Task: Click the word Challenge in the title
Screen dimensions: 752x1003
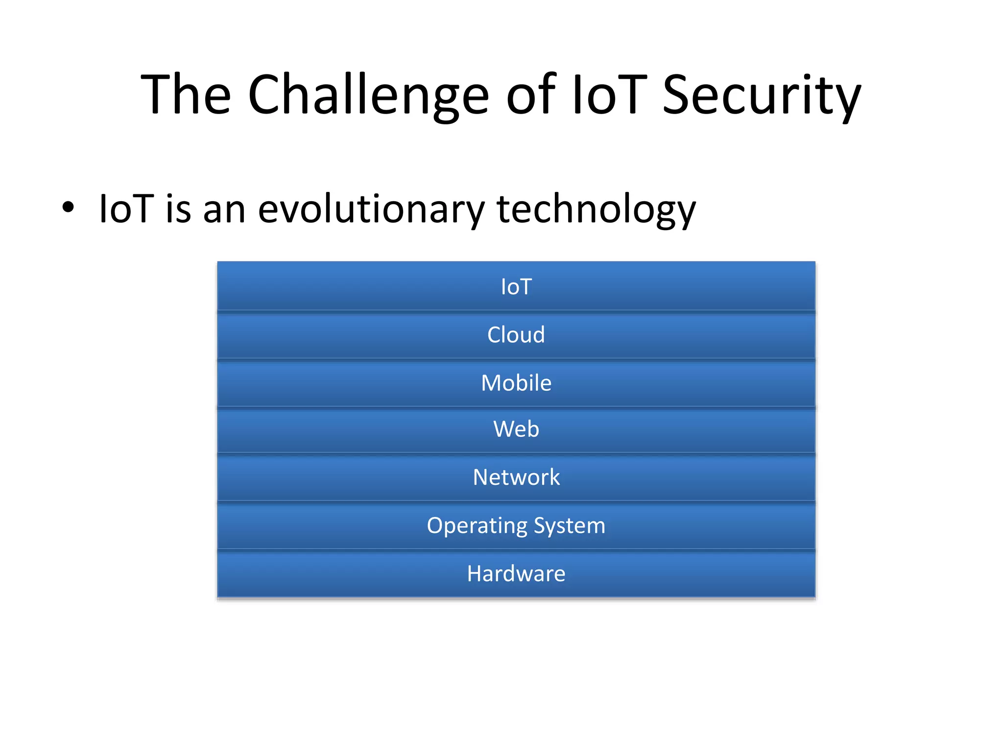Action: (368, 95)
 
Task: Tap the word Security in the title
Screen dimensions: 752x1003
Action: (761, 95)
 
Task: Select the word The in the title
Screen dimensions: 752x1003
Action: (186, 95)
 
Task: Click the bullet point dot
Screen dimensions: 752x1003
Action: (68, 207)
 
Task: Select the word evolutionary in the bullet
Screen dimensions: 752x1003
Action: (370, 210)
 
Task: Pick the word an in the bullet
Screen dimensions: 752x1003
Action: (224, 210)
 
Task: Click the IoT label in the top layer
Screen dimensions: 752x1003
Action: (516, 287)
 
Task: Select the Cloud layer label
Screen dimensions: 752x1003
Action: (516, 335)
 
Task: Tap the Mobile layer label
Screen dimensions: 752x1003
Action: (516, 383)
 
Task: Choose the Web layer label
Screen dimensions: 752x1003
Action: (516, 429)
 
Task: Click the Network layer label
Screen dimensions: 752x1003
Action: (516, 477)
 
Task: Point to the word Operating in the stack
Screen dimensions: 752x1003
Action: (477, 526)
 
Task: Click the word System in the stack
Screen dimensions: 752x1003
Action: (569, 526)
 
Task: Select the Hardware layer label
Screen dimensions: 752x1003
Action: (516, 574)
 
